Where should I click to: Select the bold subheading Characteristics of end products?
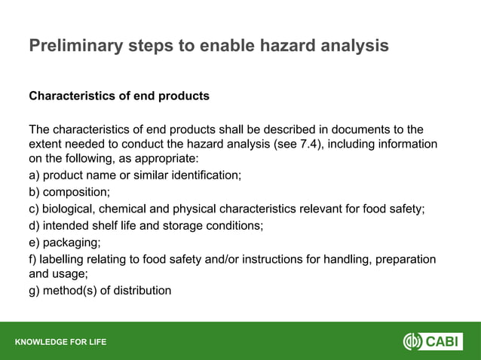[118, 96]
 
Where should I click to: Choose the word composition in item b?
[76, 192]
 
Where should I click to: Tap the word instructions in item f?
[294, 259]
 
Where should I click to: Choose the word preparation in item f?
[403, 259]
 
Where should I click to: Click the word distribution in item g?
[142, 291]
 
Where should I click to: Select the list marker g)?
[35, 291]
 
